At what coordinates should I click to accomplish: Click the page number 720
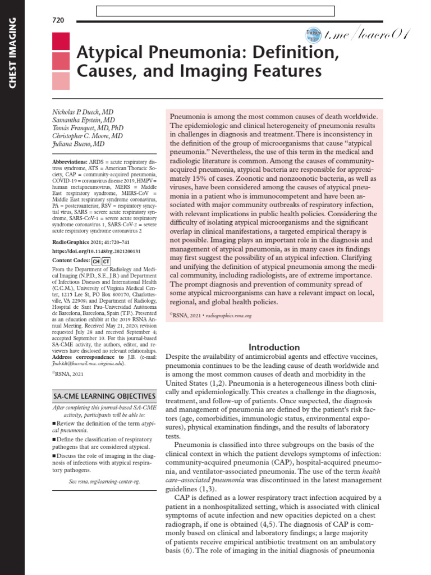click(58, 20)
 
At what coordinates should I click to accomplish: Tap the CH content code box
click(96, 261)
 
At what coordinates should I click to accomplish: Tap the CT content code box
click(106, 261)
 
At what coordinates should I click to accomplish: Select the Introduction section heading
click(274, 347)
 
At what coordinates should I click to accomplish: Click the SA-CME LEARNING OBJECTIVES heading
click(104, 396)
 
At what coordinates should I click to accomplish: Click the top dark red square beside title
click(61, 42)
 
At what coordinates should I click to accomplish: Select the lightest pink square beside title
click(61, 81)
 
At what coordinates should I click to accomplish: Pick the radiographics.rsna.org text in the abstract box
click(228, 316)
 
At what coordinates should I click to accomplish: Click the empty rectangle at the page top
click(215, 11)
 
